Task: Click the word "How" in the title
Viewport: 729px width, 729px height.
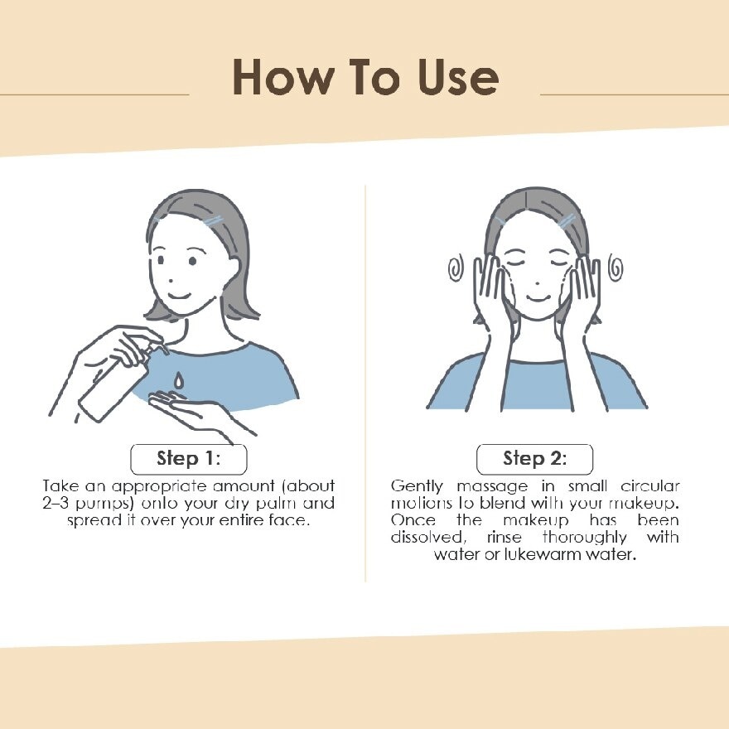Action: point(283,77)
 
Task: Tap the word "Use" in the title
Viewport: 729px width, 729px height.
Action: point(458,77)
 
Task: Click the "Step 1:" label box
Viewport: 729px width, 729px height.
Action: point(188,459)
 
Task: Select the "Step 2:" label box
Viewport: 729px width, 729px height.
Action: point(534,459)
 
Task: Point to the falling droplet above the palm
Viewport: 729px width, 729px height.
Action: point(179,380)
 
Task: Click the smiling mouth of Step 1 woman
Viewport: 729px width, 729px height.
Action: point(179,296)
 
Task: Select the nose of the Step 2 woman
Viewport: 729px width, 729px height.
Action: point(538,282)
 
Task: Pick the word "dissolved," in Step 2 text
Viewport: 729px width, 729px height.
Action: point(428,537)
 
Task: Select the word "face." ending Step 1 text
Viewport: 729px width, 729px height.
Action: point(289,519)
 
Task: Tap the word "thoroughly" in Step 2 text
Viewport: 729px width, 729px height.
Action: point(584,538)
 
